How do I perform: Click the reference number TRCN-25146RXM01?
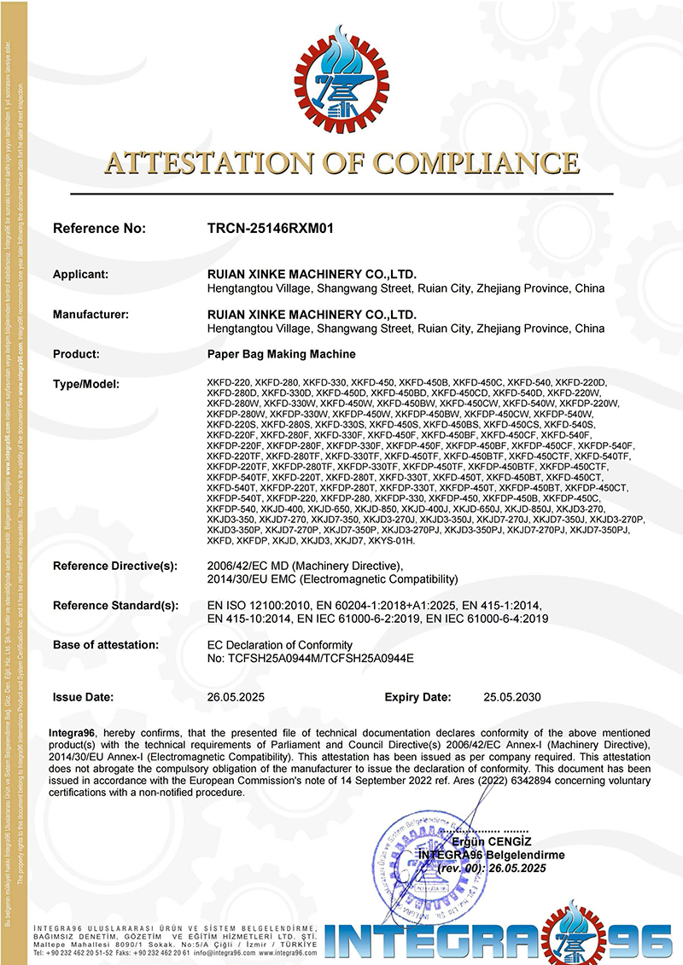[270, 229]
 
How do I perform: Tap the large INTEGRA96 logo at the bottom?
[504, 938]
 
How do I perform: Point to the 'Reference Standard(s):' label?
[115, 605]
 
